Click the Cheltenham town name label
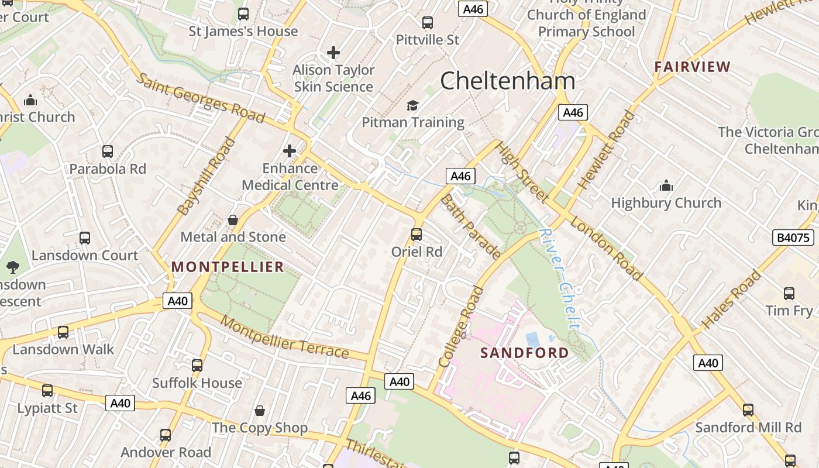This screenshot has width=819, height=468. coord(507,81)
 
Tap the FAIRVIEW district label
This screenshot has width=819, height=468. coord(693,67)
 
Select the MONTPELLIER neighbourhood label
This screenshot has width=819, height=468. coord(228,267)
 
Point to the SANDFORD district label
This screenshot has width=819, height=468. coord(524,353)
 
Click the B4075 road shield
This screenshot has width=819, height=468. coord(793,238)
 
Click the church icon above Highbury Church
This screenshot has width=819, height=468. coord(666,186)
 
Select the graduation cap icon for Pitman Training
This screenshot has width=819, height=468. coord(413,105)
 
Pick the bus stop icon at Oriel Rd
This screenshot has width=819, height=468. coord(417,235)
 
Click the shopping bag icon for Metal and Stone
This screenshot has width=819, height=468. coord(233,220)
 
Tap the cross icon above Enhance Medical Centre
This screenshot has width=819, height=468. coord(290,151)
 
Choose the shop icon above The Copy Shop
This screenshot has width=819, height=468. coord(260,411)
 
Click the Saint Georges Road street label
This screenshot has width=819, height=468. coord(201,98)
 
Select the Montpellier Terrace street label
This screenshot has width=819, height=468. coord(285,337)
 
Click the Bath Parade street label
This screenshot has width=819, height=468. coord(470,227)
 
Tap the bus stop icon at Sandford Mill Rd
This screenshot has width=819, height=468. coord(748,410)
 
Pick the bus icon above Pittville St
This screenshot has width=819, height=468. coord(428,23)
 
